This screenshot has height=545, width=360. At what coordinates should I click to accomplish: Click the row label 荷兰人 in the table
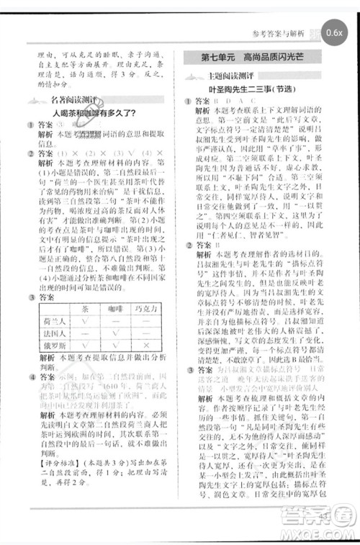click(x=55, y=322)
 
